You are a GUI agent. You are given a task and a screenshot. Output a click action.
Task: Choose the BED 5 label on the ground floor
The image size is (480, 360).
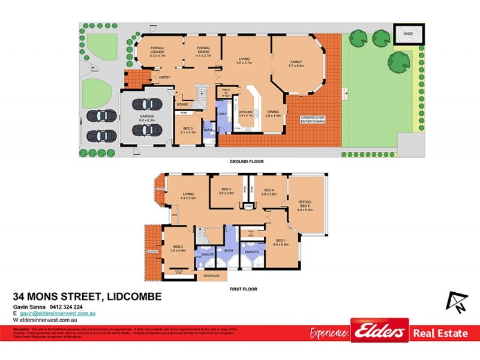click(x=188, y=130)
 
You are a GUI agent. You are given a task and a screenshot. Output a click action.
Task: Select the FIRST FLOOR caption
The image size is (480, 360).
click(x=243, y=289)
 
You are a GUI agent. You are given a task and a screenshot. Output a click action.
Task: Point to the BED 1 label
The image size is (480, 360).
click(x=281, y=242)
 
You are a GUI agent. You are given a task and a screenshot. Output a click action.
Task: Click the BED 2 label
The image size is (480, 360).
click(x=178, y=248)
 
